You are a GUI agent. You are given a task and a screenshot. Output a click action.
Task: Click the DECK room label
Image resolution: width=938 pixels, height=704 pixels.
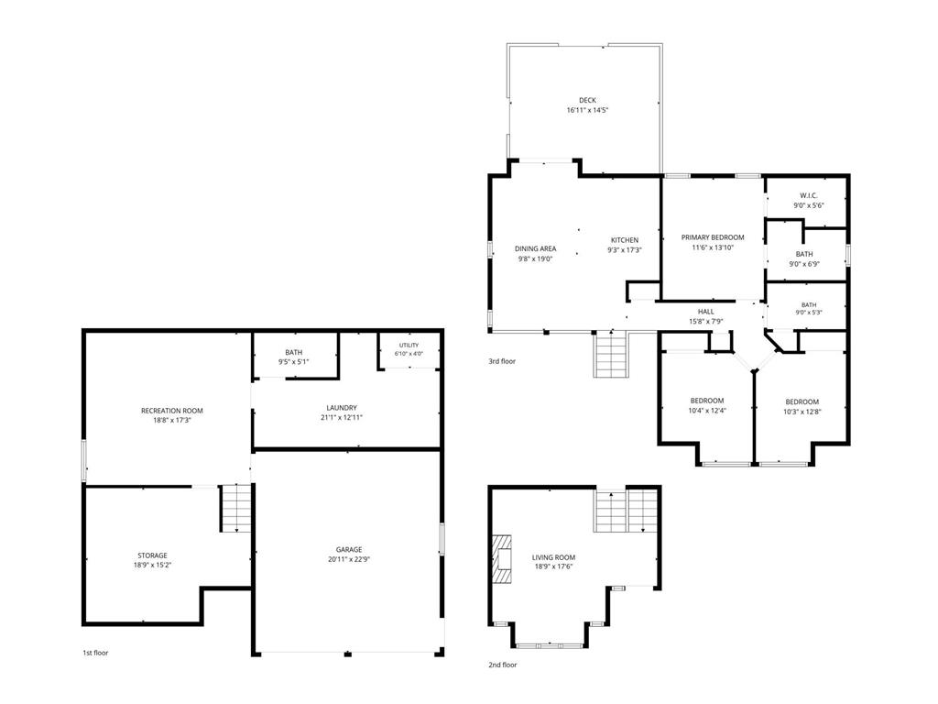click(x=587, y=101)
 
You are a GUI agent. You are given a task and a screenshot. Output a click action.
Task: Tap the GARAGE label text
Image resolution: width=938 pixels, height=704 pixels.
click(x=349, y=550)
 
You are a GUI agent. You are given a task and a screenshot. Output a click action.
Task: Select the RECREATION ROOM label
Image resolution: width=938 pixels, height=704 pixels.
click(x=171, y=411)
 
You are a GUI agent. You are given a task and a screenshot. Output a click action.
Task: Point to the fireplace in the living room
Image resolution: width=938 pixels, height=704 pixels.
click(x=503, y=558)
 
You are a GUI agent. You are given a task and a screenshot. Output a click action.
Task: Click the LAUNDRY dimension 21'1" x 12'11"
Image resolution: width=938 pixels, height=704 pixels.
click(x=342, y=418)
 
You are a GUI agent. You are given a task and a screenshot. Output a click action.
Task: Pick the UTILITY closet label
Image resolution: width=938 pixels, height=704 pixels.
click(x=409, y=346)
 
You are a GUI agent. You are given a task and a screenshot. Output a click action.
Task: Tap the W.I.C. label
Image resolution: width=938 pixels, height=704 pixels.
click(x=809, y=196)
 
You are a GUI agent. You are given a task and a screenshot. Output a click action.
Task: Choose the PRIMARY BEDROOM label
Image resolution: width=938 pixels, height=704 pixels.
click(x=713, y=237)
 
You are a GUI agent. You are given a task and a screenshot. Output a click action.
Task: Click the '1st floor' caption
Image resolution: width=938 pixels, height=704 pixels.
click(x=95, y=653)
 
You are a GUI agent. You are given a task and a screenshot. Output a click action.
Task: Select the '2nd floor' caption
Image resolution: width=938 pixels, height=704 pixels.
click(x=503, y=665)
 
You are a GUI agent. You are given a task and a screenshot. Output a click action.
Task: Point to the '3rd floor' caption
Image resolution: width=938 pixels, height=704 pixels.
click(x=502, y=361)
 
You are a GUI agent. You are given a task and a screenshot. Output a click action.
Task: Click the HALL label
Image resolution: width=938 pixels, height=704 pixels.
click(x=706, y=312)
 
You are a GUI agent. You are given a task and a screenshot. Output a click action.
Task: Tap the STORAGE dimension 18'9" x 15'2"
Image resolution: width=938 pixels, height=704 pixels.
click(x=153, y=565)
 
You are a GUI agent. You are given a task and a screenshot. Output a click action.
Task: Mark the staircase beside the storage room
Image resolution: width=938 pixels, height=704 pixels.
click(x=236, y=508)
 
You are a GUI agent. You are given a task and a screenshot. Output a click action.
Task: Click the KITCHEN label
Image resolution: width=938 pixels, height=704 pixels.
click(x=625, y=241)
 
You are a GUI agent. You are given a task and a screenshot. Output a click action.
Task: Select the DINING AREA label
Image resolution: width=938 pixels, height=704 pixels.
click(x=535, y=249)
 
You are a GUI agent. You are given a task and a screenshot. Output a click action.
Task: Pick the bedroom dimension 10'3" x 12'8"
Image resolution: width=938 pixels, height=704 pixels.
click(x=802, y=412)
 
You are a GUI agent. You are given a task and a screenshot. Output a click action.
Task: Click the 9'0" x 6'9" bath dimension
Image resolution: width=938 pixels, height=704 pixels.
click(x=804, y=264)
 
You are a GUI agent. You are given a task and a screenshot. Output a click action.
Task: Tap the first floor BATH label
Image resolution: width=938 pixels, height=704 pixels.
click(x=294, y=353)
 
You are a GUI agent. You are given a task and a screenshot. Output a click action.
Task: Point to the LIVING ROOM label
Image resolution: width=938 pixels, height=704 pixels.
click(x=554, y=558)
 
